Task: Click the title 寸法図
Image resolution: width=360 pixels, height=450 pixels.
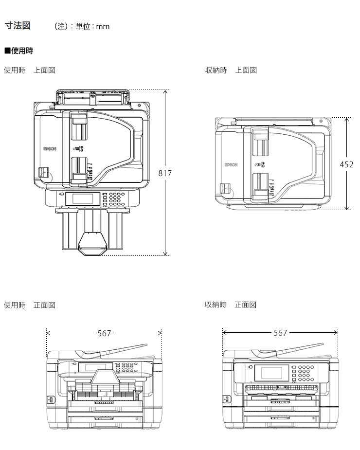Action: [18, 26]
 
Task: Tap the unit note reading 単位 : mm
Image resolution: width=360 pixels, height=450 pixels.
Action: [92, 27]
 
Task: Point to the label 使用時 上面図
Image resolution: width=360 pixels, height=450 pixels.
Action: [30, 70]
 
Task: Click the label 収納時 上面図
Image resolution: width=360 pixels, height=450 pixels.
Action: [231, 70]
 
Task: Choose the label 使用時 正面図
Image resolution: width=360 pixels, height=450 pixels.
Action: [30, 305]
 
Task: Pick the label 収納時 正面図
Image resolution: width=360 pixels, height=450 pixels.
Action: [231, 305]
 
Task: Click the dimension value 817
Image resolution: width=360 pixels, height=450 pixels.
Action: [165, 173]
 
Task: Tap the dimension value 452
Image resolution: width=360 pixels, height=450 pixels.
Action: [346, 164]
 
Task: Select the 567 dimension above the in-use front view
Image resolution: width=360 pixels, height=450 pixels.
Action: [104, 333]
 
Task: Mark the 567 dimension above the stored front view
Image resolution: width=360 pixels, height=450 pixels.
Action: [280, 333]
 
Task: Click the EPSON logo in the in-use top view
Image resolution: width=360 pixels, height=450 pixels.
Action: [50, 149]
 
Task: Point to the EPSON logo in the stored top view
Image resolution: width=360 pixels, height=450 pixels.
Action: [231, 165]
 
